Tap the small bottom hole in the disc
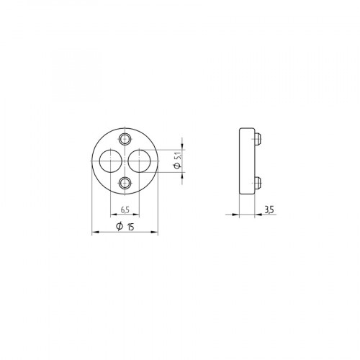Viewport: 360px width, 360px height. (125, 183)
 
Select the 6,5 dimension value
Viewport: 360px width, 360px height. (125, 210)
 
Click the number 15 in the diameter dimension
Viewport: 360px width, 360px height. (132, 228)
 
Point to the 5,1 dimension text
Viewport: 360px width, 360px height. (176, 154)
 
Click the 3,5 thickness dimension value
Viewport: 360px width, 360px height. (269, 210)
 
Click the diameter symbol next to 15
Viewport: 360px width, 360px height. (119, 228)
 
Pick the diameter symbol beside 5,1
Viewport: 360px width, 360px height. (176, 167)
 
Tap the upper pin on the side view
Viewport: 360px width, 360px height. (258, 137)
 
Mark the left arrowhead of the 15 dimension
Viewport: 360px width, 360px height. (96, 233)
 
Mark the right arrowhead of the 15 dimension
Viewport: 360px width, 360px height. (156, 233)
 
